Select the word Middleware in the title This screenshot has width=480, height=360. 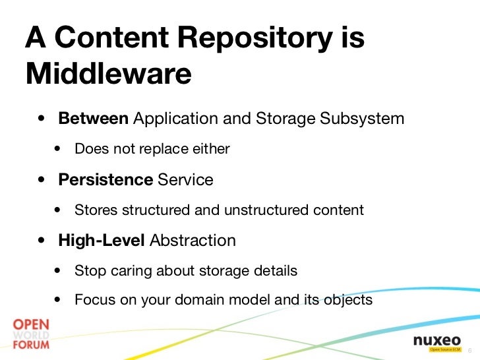tap(108, 74)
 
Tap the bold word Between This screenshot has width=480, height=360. tap(93, 119)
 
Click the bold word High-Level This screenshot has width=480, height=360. tap(101, 241)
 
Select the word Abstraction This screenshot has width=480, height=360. tap(193, 241)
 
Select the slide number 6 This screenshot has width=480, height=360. tap(469, 349)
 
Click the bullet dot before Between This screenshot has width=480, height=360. tap(42, 120)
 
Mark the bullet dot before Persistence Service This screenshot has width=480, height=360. tap(42, 180)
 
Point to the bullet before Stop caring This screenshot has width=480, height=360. tap(59, 271)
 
